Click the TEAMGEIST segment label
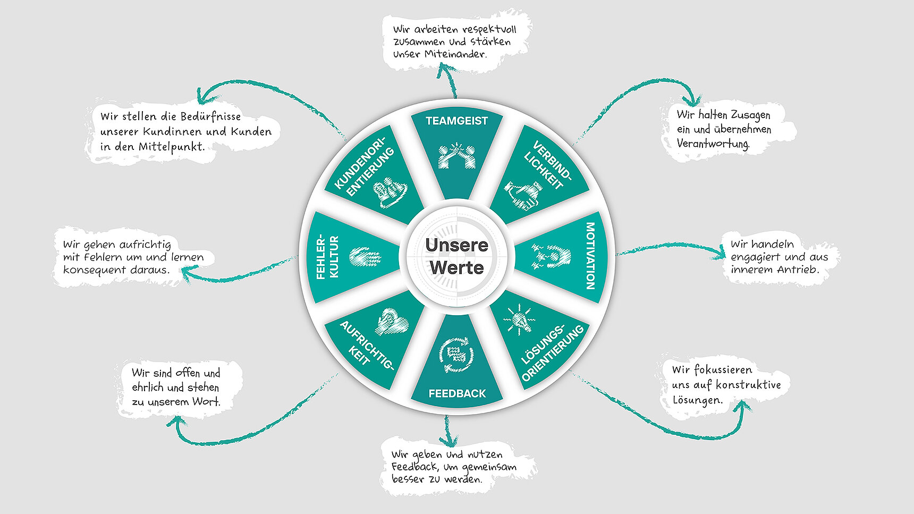click(x=456, y=121)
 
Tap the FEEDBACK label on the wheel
click(x=457, y=394)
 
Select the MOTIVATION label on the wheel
click(x=590, y=256)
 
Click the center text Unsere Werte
click(x=457, y=256)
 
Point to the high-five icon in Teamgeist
click(x=456, y=156)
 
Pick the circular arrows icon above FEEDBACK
click(x=456, y=353)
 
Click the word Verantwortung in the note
click(x=713, y=144)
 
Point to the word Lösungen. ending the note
click(x=698, y=400)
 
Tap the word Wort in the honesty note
click(x=206, y=402)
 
